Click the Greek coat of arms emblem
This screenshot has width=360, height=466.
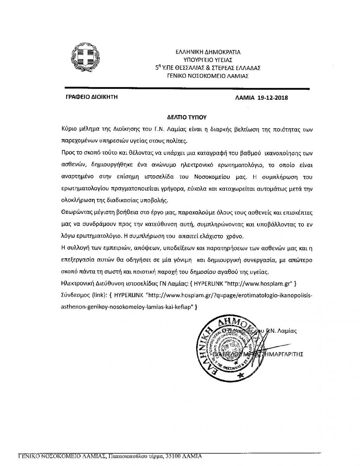coord(83,57)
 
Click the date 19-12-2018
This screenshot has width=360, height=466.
coord(273,98)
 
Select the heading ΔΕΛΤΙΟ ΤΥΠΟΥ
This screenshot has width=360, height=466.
coord(180,116)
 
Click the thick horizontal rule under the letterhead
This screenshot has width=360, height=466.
coord(186,88)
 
